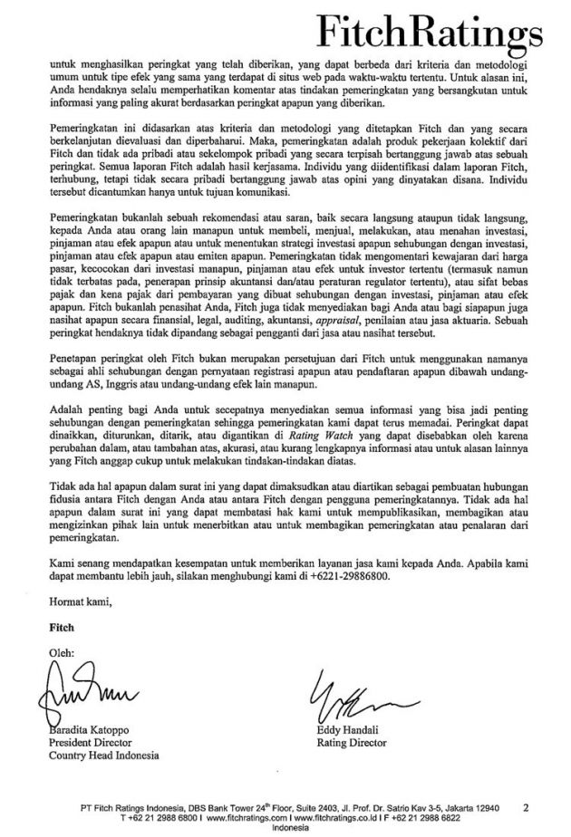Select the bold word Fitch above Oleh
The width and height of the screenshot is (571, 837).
(x=55, y=626)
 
